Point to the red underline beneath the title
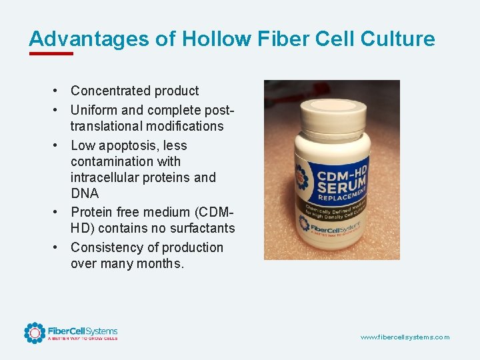pos(51,53)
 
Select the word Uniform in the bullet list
pos(93,110)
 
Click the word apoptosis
pos(129,145)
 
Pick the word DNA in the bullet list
pos(85,193)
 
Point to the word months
pos(161,263)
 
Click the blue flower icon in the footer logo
pos(34,333)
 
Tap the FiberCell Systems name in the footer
pos(82,331)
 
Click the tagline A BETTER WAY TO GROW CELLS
pos(82,339)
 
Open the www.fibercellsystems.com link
pos(405,337)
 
